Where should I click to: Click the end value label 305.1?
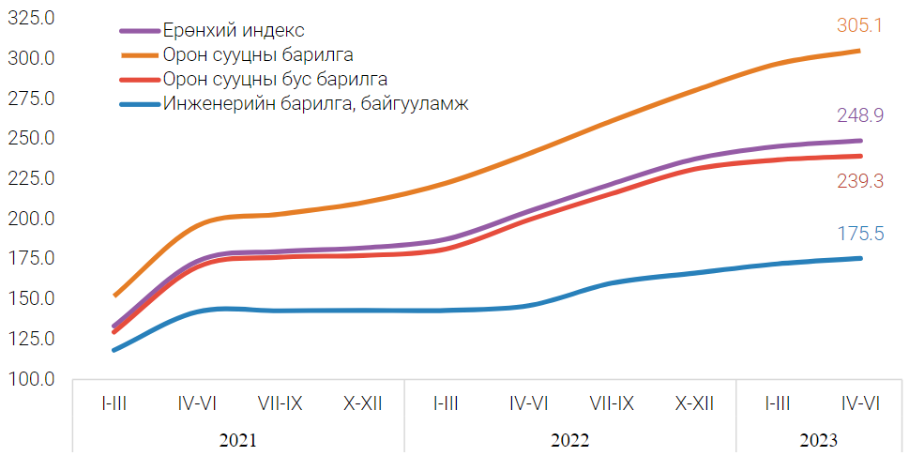(x=860, y=26)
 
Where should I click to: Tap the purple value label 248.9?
(x=860, y=116)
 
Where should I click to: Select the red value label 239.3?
(x=860, y=181)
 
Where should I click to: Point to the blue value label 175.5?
(x=860, y=234)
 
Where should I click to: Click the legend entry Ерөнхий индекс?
(x=234, y=31)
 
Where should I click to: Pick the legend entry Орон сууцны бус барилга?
(x=275, y=79)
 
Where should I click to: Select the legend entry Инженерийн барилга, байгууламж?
(x=315, y=103)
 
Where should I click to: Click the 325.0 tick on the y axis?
(x=32, y=18)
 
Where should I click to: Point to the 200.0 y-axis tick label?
(x=32, y=219)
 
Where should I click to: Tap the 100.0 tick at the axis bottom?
(x=32, y=379)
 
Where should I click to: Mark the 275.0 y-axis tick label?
(x=32, y=99)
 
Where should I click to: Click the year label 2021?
(x=238, y=439)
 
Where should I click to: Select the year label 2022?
(x=569, y=439)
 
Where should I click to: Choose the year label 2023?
(x=818, y=439)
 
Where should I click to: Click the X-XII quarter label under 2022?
(x=694, y=403)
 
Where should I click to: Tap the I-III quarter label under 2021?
(x=114, y=403)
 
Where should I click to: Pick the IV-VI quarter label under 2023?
(x=859, y=403)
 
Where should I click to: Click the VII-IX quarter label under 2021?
(x=280, y=403)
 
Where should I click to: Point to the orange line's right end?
(x=860, y=51)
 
